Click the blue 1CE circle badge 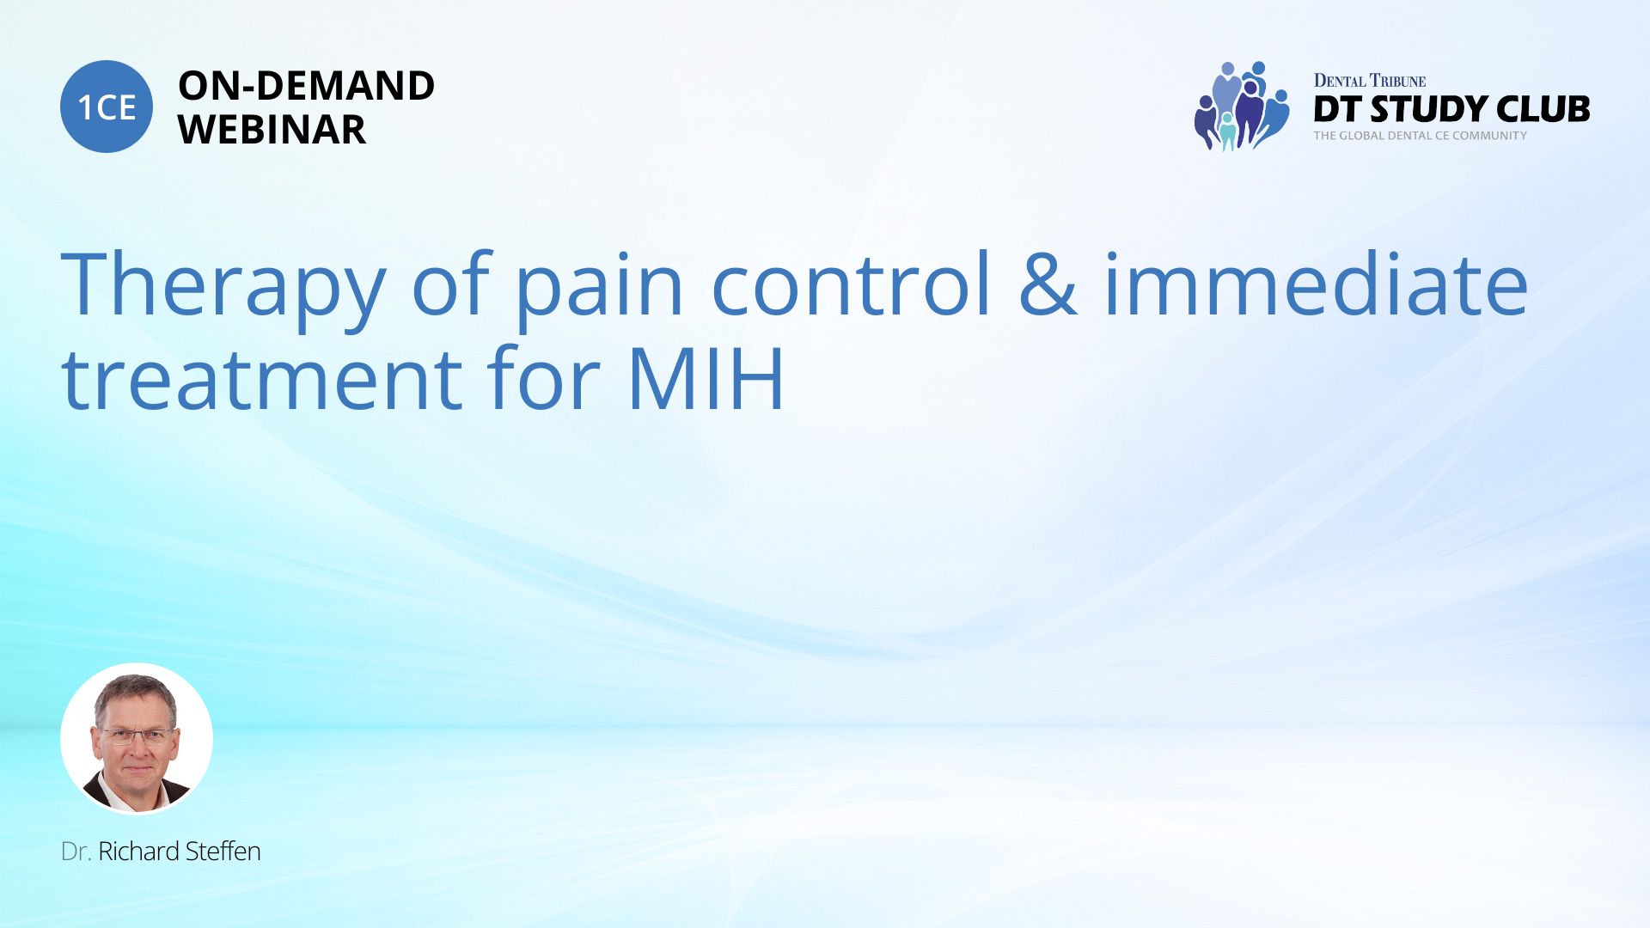[107, 107]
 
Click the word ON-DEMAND [306, 86]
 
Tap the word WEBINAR [272, 130]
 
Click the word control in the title [852, 284]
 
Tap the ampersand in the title [1048, 284]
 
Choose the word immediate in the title [1316, 284]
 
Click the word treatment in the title [262, 377]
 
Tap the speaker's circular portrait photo [137, 738]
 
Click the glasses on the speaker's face [136, 736]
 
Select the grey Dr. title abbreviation [76, 852]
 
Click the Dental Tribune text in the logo [1370, 81]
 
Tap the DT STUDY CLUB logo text [1451, 109]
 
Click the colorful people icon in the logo [1242, 107]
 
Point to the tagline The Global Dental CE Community [1421, 136]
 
